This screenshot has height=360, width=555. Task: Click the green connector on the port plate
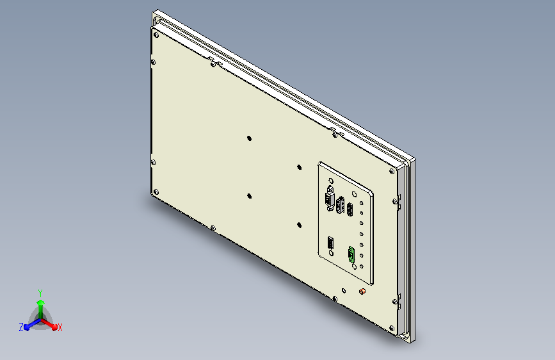[x=351, y=254]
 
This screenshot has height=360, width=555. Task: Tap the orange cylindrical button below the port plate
[x=362, y=291]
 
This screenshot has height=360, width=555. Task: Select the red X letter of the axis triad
[x=60, y=327]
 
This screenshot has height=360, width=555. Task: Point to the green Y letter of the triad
[x=40, y=293]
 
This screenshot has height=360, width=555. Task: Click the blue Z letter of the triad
[x=21, y=327]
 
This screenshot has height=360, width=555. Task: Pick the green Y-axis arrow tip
[x=41, y=302]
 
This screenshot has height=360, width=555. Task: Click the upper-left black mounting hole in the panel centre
[x=249, y=138]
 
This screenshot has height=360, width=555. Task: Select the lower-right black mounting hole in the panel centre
[x=299, y=225]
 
